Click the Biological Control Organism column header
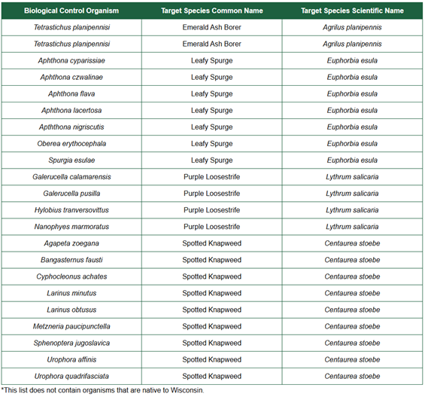71,11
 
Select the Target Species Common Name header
211,11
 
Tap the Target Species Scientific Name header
352,11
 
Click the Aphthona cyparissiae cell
71,60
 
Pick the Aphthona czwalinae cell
71,77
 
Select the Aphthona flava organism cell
71,93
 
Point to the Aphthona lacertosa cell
71,110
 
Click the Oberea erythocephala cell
71,143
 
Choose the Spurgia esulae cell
71,160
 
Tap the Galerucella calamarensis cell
71,177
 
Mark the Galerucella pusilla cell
71,194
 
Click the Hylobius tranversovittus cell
71,210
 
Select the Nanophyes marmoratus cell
71,227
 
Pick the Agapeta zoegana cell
71,243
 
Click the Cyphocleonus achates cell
71,276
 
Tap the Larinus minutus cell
71,293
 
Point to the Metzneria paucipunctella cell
71,326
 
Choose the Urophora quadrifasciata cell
71,376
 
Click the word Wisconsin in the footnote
187,390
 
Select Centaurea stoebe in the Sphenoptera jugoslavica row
352,343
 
